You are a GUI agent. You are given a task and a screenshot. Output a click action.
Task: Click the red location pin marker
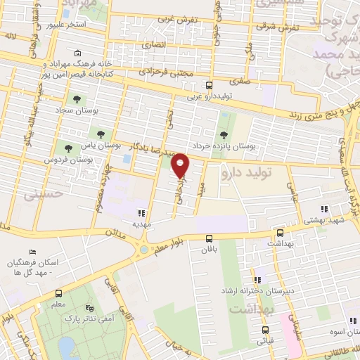tap(181, 166)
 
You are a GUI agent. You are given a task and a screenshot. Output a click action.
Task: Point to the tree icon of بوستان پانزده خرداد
tap(224, 134)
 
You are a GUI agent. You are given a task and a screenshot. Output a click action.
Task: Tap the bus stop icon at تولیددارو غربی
tap(189, 83)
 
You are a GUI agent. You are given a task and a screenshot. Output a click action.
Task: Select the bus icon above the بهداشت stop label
tap(280, 232)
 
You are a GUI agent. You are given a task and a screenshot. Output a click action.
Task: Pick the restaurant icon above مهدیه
tap(141, 212)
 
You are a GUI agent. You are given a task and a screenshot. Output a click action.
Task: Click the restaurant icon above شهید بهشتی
tap(323, 209)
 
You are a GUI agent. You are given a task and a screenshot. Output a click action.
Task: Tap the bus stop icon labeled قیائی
tap(264, 329)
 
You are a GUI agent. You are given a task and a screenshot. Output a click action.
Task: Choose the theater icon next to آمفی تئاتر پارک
tap(89, 307)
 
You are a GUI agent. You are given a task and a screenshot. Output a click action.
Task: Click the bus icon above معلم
tap(59, 293)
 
